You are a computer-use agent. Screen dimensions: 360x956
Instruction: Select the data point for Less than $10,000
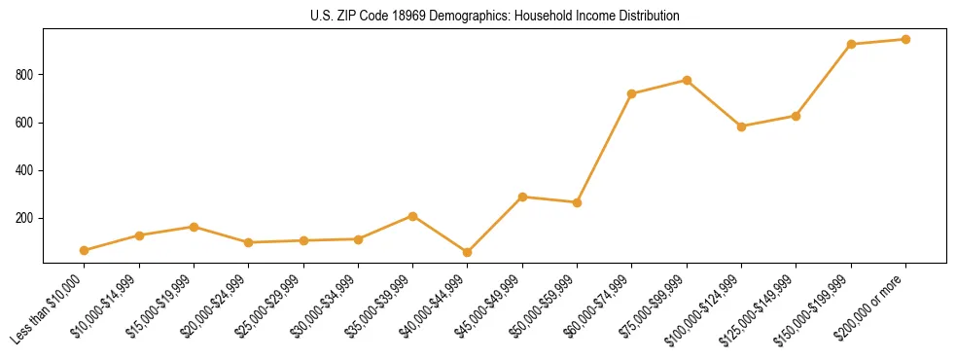(x=85, y=250)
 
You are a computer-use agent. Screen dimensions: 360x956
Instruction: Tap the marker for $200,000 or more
(x=905, y=40)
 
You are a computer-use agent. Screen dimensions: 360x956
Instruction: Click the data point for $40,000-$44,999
(x=468, y=252)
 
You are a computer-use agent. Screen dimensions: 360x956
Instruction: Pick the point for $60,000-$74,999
(x=632, y=93)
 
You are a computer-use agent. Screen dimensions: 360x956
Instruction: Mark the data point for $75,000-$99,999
(x=687, y=80)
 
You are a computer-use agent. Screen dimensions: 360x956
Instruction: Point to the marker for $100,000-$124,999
(x=742, y=126)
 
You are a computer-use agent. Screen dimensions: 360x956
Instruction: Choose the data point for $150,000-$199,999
(x=851, y=44)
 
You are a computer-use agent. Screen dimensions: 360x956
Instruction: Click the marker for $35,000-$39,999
(x=413, y=216)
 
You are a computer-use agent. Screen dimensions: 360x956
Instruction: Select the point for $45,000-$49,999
(x=522, y=197)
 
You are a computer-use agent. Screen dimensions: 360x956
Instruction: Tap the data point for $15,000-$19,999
(x=195, y=227)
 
